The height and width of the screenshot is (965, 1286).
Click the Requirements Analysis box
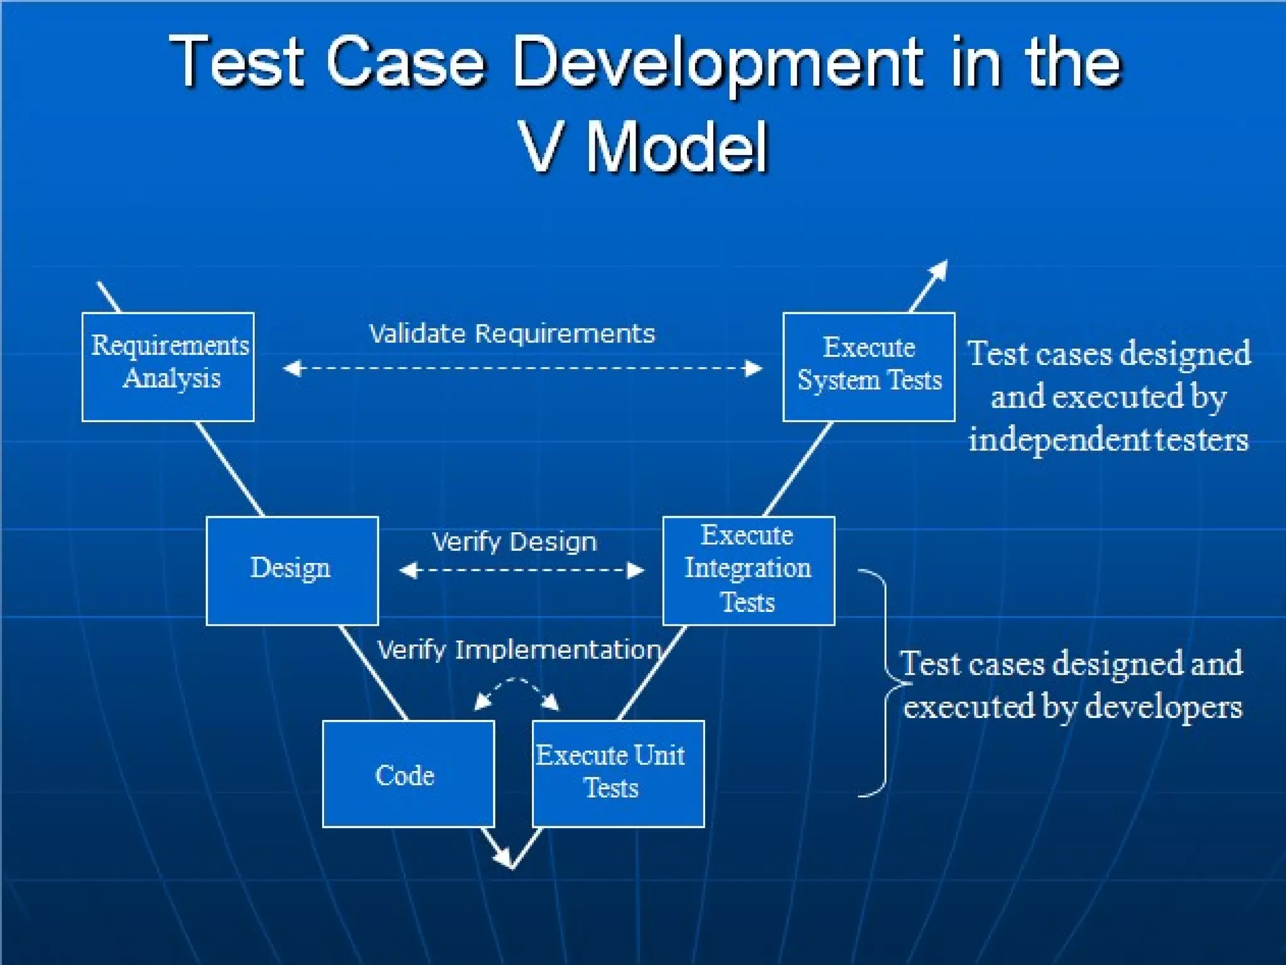click(168, 367)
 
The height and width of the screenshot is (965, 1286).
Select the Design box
click(292, 570)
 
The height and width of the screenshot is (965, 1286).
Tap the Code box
click(408, 774)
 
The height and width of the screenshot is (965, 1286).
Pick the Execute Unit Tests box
click(618, 774)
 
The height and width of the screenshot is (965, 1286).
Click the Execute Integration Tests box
click(748, 570)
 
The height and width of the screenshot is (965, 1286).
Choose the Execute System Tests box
click(868, 367)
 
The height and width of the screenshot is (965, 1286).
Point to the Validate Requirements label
click(512, 334)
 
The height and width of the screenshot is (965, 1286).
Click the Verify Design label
click(514, 542)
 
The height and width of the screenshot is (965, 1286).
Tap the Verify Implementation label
click(519, 650)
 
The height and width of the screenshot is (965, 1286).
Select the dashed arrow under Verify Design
click(521, 570)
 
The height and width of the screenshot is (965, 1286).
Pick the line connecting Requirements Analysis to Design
click(229, 469)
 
